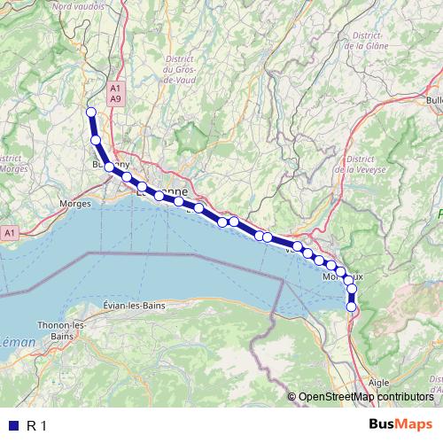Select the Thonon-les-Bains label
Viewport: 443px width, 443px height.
point(61,331)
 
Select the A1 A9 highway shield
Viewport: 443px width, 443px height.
point(115,94)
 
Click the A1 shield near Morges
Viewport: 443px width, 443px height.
point(9,232)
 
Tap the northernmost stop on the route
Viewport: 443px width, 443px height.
point(90,112)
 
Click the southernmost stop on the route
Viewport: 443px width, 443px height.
point(352,307)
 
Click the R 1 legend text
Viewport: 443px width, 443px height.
point(38,426)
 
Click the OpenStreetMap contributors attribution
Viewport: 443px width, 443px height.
point(366,398)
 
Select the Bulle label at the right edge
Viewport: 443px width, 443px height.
point(433,101)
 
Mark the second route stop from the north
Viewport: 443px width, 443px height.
point(96,140)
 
